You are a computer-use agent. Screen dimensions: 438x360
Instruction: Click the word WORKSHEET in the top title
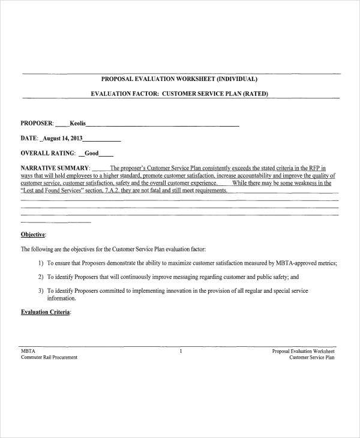pos(196,79)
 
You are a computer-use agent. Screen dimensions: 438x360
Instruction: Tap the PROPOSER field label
pos(37,124)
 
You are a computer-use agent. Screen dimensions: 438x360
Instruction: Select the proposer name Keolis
pos(77,124)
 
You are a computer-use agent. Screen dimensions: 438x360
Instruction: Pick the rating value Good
pos(91,153)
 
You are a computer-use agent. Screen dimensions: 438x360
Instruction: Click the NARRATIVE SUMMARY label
pos(55,168)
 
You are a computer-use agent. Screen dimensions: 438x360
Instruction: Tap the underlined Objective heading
pos(33,234)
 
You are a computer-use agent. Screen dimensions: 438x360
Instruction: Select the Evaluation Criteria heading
pos(45,313)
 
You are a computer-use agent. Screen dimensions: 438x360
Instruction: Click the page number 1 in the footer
pos(180,351)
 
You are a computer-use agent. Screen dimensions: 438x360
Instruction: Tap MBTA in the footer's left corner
pos(28,351)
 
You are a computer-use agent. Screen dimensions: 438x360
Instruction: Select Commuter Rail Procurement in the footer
pos(49,358)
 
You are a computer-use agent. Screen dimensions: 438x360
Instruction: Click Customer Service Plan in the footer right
pos(312,358)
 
